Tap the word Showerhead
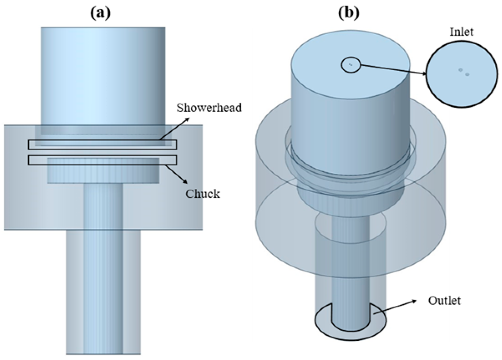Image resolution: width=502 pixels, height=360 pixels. (x=209, y=107)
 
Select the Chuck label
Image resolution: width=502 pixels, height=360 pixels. (x=202, y=194)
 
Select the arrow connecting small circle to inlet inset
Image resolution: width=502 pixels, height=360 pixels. (x=393, y=69)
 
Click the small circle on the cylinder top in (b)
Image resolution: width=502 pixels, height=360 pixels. (x=351, y=65)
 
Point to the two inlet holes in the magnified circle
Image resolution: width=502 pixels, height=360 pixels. (x=464, y=72)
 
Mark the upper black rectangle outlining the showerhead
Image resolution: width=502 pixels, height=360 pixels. (x=102, y=145)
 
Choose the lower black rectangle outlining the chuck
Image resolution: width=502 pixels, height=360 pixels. (x=102, y=160)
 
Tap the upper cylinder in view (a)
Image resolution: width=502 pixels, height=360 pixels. (x=103, y=75)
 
